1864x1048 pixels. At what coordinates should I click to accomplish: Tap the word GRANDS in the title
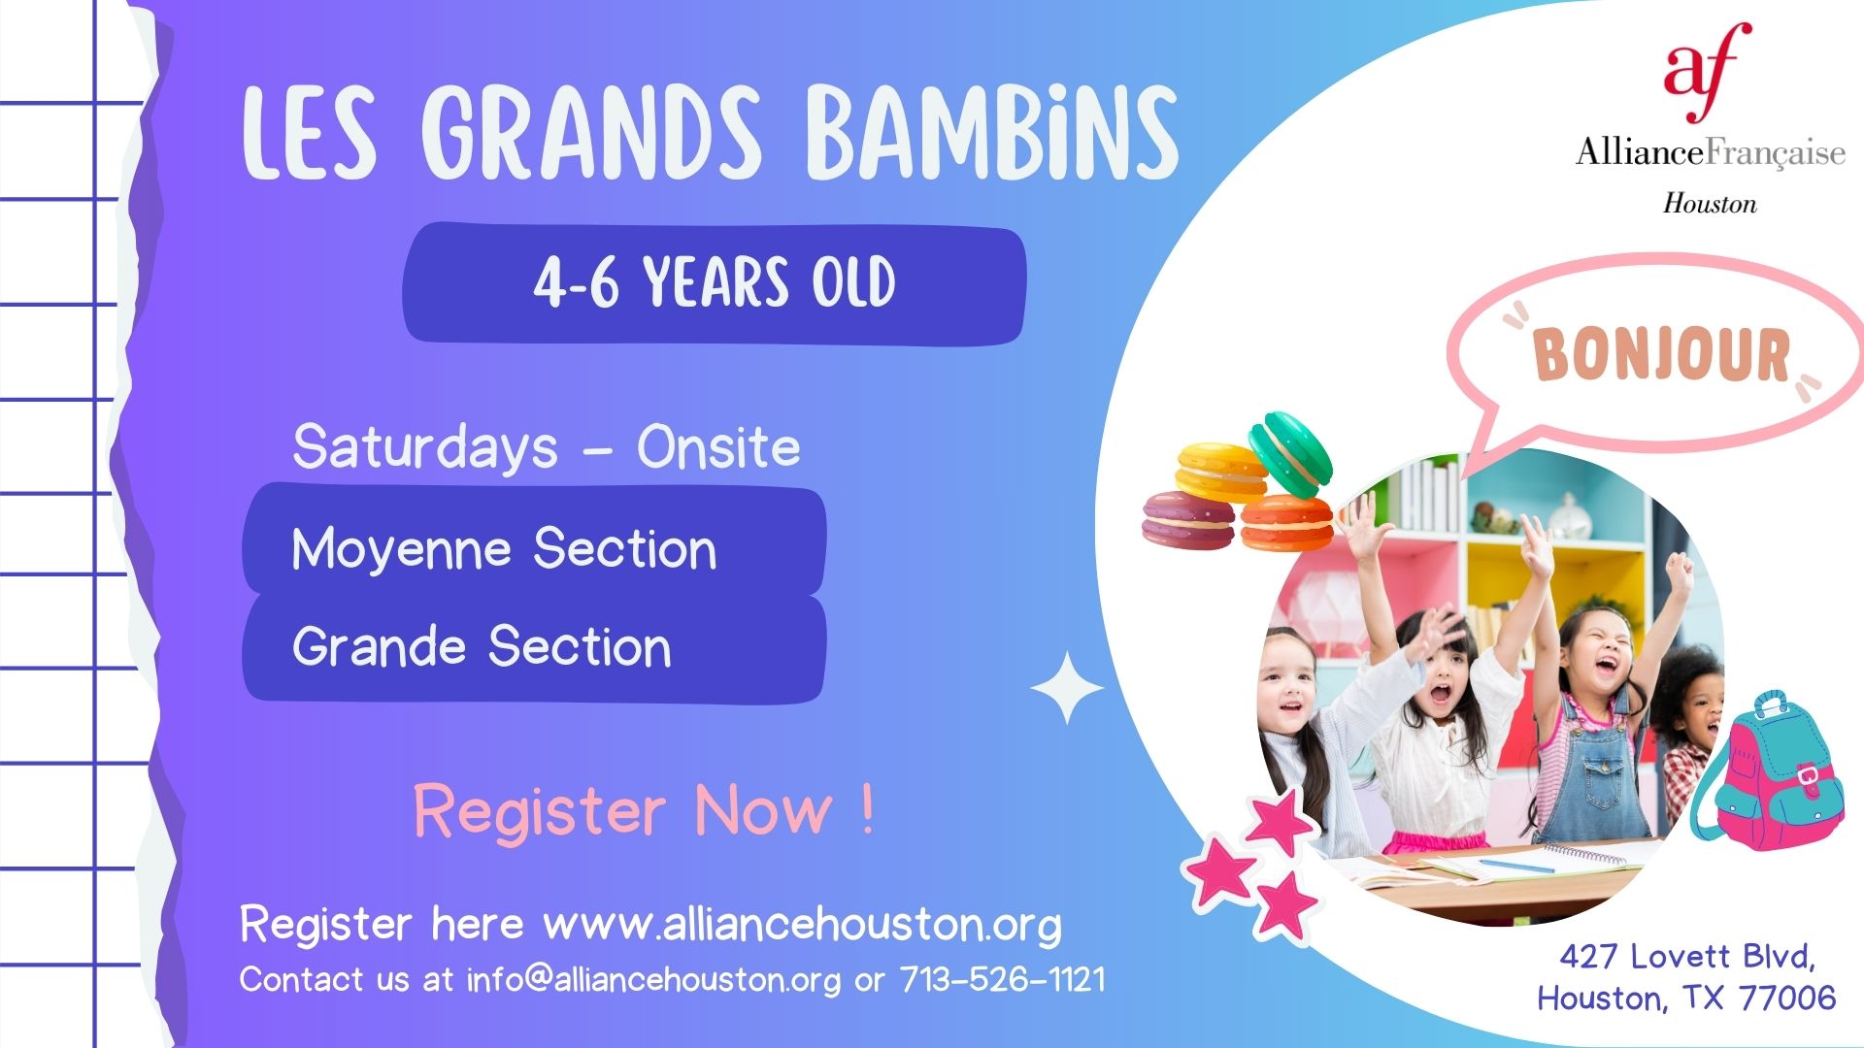click(591, 132)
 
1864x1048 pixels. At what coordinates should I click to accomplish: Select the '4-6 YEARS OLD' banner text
click(715, 282)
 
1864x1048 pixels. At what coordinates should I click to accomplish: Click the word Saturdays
click(425, 448)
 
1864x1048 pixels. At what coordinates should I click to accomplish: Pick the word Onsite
click(718, 447)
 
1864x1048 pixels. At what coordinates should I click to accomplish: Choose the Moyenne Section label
click(504, 549)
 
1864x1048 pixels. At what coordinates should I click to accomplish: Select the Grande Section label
click(482, 646)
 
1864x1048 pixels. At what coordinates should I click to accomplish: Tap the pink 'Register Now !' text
click(644, 810)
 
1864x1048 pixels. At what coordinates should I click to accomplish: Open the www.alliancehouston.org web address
click(802, 924)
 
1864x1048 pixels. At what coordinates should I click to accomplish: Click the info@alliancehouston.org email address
click(653, 979)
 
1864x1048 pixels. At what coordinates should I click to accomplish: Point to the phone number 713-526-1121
click(1002, 979)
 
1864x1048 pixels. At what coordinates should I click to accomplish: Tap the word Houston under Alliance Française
click(1710, 204)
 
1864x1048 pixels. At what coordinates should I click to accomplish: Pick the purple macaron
click(1187, 520)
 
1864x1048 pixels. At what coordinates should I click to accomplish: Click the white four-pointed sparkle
click(1066, 688)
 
